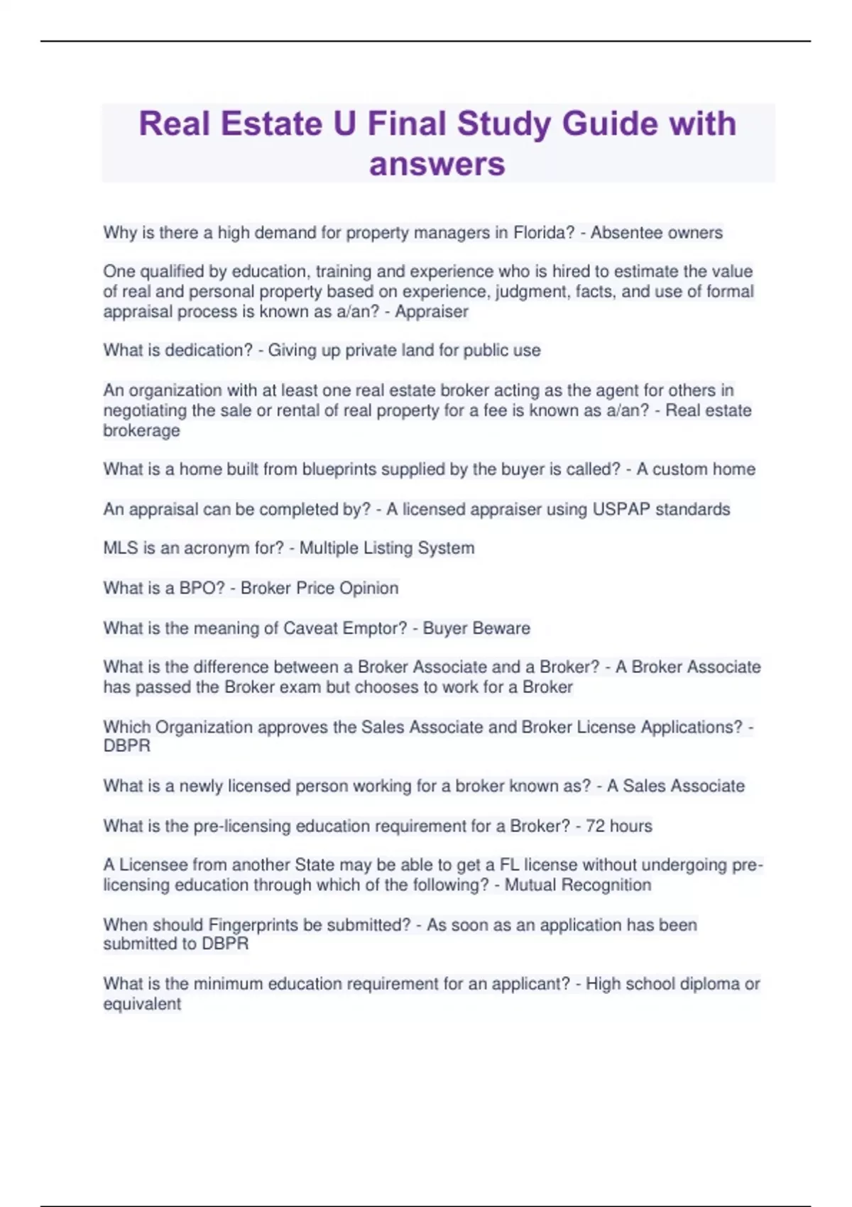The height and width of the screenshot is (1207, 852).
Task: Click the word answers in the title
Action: click(x=437, y=164)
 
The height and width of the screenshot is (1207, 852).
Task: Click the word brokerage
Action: click(x=141, y=431)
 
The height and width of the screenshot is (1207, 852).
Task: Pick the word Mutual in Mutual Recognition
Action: click(x=530, y=885)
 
